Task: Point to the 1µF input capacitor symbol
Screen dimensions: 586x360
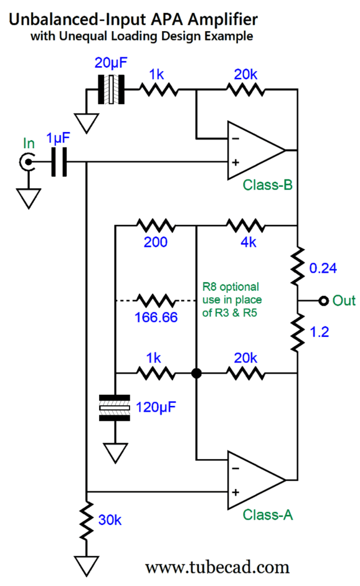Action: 59,163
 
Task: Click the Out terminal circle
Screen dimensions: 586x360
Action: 323,301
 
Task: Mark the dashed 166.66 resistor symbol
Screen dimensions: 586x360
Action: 156,301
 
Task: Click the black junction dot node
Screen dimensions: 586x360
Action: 197,374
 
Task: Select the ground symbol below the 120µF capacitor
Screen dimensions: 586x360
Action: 116,451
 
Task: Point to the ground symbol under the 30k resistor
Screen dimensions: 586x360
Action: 87,565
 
